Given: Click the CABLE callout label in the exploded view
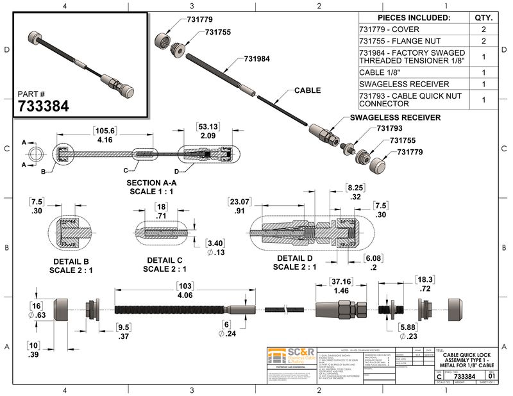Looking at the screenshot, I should point(307,91).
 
